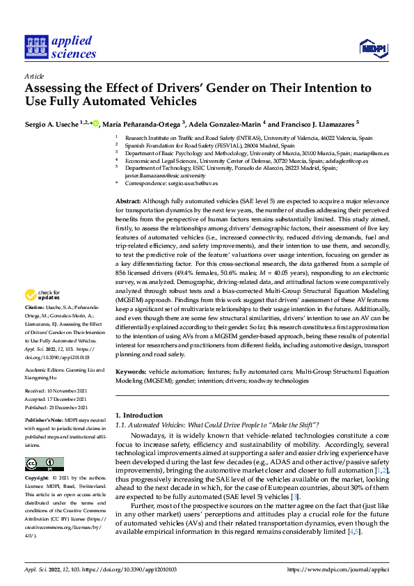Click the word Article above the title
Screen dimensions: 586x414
click(34, 76)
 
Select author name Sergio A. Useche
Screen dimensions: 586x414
click(51, 123)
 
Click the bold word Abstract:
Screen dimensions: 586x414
click(129, 200)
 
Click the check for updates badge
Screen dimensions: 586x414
click(44, 314)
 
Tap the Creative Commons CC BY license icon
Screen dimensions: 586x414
click(44, 464)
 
